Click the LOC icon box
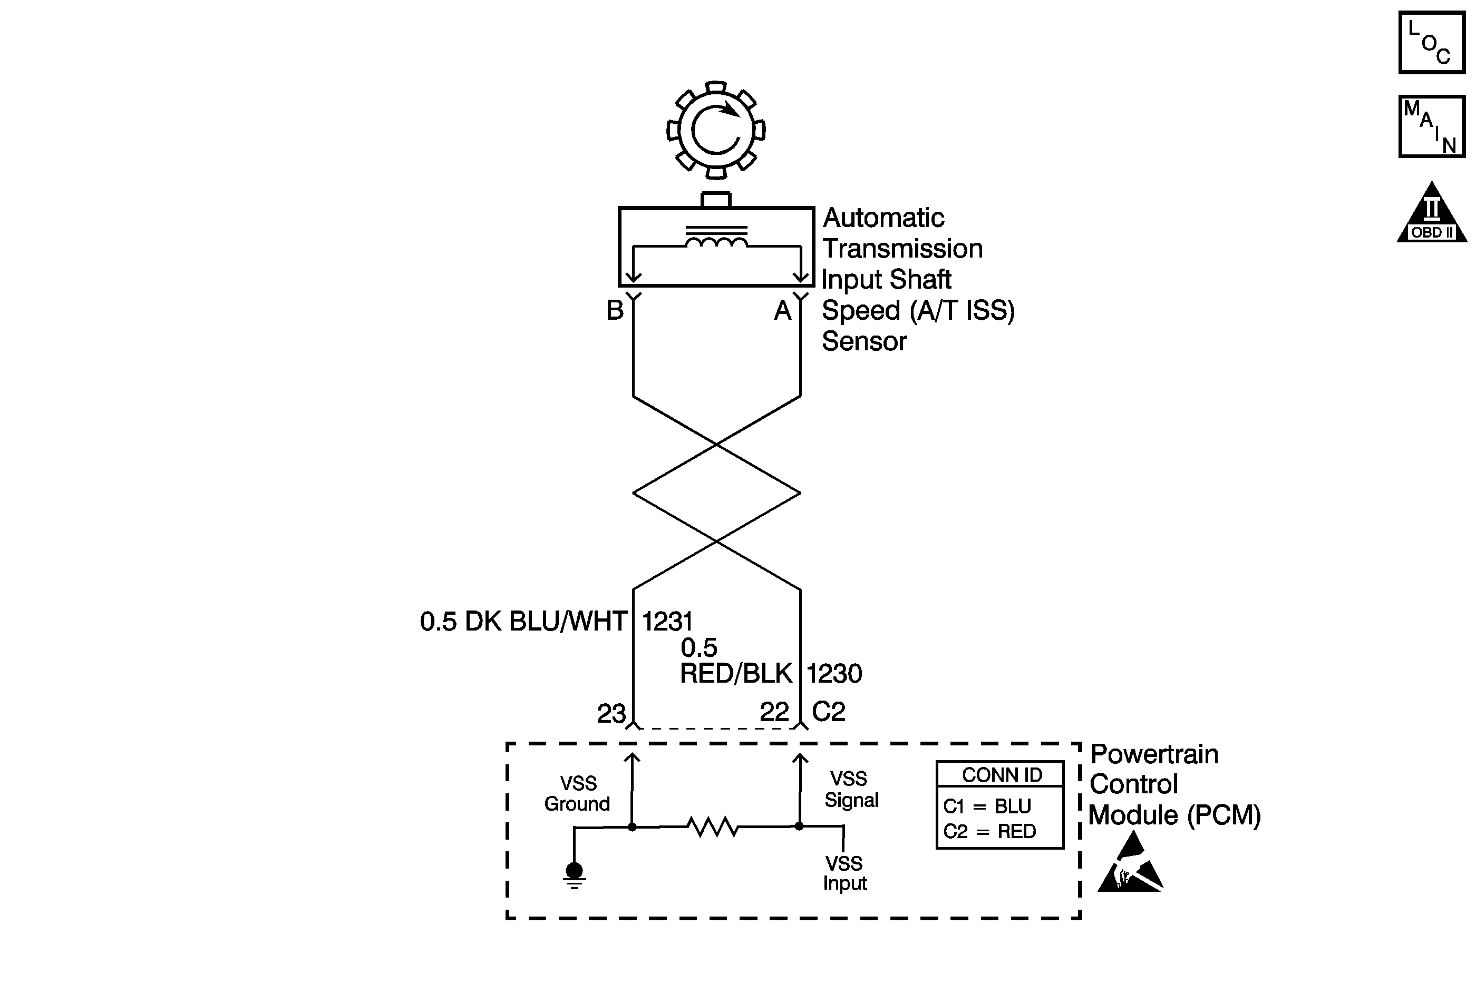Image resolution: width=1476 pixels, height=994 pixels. pyautogui.click(x=1431, y=43)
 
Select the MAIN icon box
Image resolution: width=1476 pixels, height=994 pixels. pyautogui.click(x=1431, y=126)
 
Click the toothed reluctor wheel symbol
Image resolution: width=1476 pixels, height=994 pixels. pyautogui.click(x=715, y=130)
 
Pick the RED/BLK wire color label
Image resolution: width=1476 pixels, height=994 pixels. pyautogui.click(x=736, y=673)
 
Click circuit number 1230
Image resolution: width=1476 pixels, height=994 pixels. pyautogui.click(x=834, y=674)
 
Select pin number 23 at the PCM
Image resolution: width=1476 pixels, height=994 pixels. pyautogui.click(x=611, y=714)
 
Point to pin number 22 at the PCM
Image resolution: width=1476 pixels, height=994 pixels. pyautogui.click(x=774, y=712)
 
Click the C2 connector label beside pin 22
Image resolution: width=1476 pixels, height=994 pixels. pyautogui.click(x=828, y=712)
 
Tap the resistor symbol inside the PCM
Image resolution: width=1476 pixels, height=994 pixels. pyautogui.click(x=713, y=826)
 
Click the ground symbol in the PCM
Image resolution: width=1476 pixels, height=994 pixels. pyautogui.click(x=574, y=875)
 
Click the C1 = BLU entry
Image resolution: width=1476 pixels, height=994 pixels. pyautogui.click(x=987, y=806)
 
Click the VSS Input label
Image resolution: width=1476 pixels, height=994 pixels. pyautogui.click(x=844, y=873)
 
